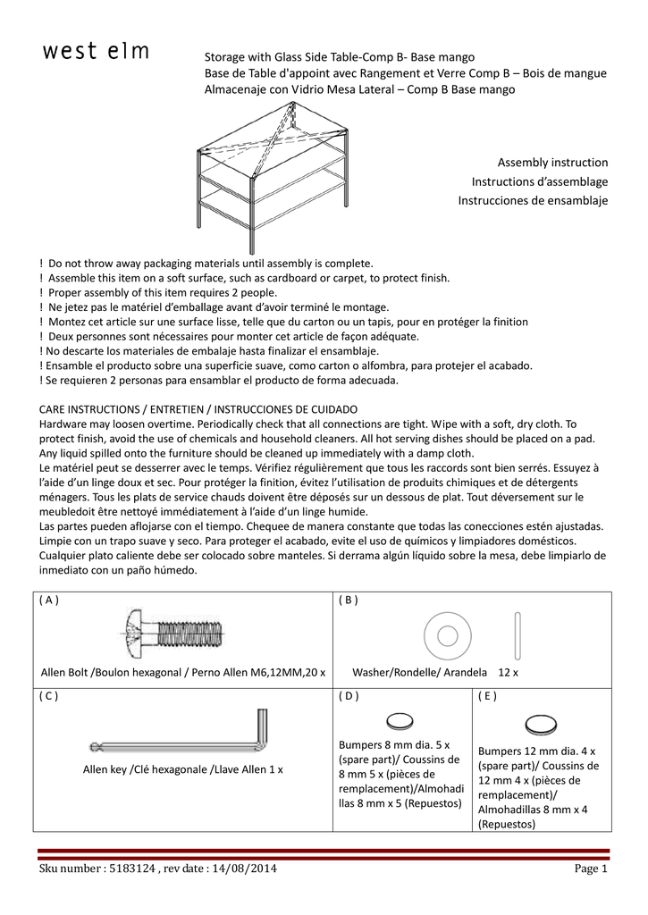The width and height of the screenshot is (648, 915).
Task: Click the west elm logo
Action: tap(97, 53)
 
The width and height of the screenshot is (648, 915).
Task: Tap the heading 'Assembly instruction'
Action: tap(552, 163)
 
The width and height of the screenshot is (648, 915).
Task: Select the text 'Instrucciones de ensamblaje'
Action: tap(533, 201)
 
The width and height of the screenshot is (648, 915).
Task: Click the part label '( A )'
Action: tap(51, 600)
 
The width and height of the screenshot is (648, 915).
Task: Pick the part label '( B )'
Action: tap(349, 600)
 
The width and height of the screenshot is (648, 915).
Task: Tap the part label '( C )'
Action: tap(51, 696)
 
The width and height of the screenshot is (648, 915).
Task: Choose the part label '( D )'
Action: tap(349, 696)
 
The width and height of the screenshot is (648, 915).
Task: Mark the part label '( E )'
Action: tap(487, 696)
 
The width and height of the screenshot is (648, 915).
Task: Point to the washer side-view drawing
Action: tap(517, 634)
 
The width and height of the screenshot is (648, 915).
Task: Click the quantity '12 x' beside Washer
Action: tap(509, 671)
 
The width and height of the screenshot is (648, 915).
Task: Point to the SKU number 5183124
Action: tap(133, 869)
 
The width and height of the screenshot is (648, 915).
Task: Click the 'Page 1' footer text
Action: tap(591, 869)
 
